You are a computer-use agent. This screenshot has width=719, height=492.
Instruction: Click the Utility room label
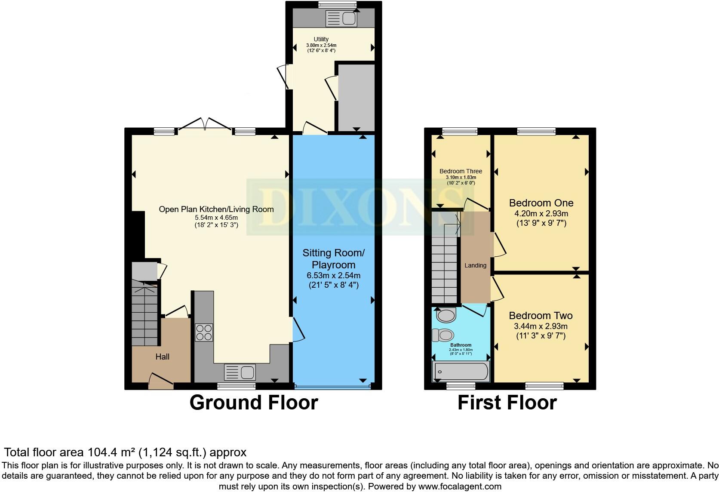(x=321, y=39)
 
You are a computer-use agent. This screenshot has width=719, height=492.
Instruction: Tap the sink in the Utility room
(x=341, y=18)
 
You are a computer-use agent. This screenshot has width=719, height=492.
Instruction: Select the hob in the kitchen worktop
(x=204, y=332)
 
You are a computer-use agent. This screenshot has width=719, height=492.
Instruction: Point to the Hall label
(x=163, y=357)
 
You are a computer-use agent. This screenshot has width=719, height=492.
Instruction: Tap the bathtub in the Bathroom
(x=461, y=371)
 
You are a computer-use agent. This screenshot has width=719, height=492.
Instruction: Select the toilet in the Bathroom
(x=443, y=335)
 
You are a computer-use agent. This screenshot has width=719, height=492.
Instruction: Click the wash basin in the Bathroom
(x=446, y=316)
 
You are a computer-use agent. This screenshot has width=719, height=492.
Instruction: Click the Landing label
(x=475, y=265)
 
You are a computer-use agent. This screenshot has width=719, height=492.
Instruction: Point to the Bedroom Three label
(x=461, y=171)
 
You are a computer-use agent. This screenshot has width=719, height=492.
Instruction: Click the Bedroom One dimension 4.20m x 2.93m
(x=541, y=214)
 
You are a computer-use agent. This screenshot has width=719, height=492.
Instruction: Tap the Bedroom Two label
(x=541, y=316)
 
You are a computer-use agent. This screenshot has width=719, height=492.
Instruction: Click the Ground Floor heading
(x=253, y=403)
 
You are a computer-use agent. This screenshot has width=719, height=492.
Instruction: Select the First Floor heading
(x=507, y=403)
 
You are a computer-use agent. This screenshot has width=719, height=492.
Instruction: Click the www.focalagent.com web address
(x=459, y=486)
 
